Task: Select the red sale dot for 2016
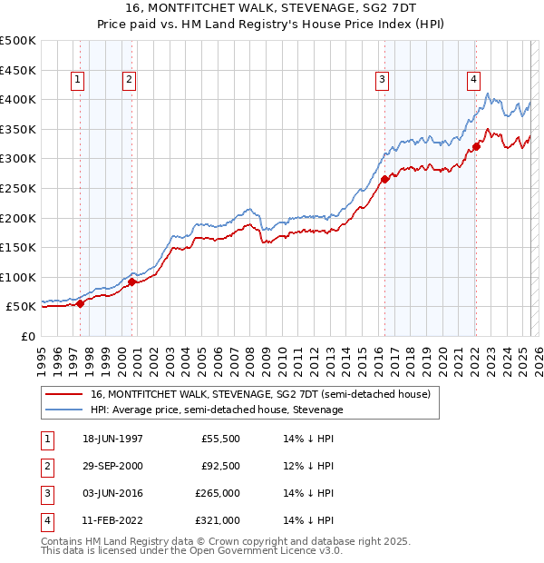click(384, 179)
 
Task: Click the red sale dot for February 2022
click(476, 146)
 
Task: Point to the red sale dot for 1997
click(81, 303)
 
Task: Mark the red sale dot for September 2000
click(132, 281)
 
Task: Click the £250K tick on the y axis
click(18, 188)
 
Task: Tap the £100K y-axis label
click(18, 277)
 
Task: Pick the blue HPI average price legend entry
click(216, 410)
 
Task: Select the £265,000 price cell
click(217, 492)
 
